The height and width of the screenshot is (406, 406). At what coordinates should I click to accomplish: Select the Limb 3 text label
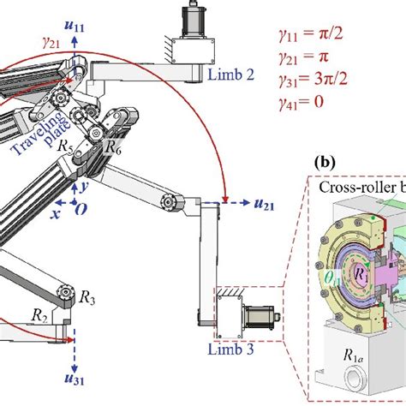[230, 348]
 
